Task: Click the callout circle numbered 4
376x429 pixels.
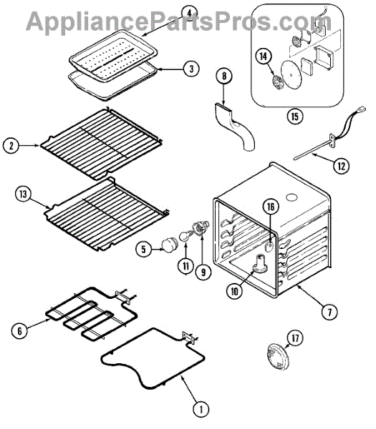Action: (189, 13)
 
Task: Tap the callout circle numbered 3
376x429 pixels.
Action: (191, 69)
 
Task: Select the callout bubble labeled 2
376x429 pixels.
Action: (11, 146)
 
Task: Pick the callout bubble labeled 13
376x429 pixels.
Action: (23, 194)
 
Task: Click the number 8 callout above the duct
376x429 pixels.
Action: (224, 76)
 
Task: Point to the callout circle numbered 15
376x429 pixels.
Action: (294, 117)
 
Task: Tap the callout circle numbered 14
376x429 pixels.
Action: (264, 56)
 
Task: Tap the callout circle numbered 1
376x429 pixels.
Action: (201, 410)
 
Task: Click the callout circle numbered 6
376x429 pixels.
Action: (19, 331)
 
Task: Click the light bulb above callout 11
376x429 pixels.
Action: (185, 237)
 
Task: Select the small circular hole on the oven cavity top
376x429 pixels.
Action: (292, 197)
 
